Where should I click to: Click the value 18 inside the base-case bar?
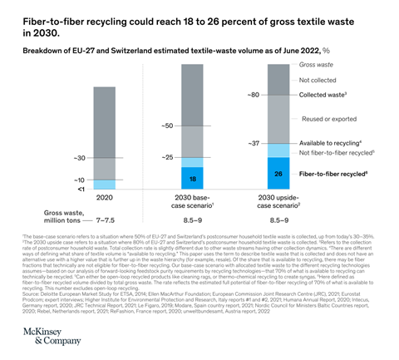click(192, 178)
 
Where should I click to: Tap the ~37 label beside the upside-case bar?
click(254, 143)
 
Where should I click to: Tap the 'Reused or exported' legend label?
click(328, 119)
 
